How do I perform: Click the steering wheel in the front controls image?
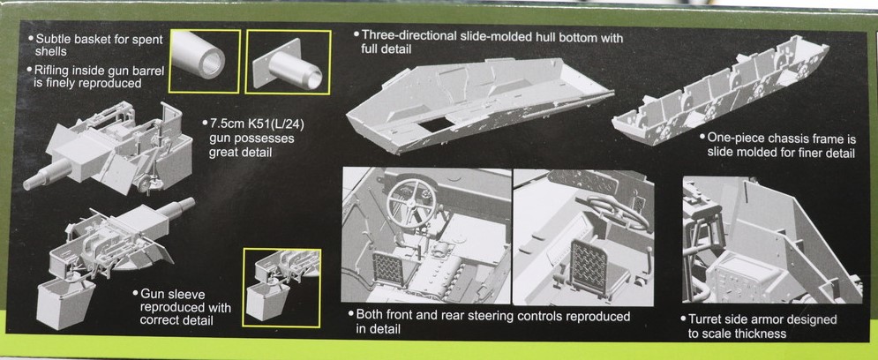pos(411,203)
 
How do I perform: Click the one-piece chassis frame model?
pos(721,91)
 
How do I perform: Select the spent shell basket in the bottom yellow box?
pos(267,301)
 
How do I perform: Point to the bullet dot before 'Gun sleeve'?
pos(136,293)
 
